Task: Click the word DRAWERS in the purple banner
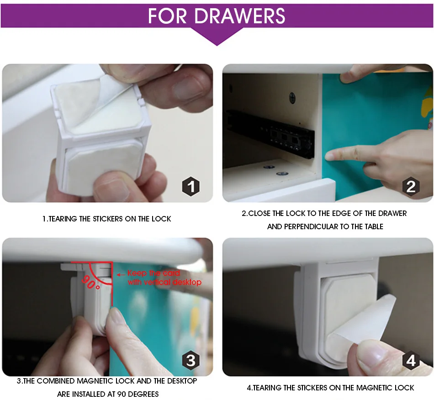click(239, 16)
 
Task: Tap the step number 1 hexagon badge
click(191, 186)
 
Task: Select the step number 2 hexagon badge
click(411, 186)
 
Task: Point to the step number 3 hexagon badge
click(191, 360)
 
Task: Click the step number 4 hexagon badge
click(411, 360)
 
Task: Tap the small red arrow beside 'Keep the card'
click(121, 275)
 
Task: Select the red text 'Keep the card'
click(153, 273)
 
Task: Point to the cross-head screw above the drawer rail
click(292, 97)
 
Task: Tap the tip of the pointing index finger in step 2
click(328, 156)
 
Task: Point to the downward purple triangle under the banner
click(217, 37)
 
